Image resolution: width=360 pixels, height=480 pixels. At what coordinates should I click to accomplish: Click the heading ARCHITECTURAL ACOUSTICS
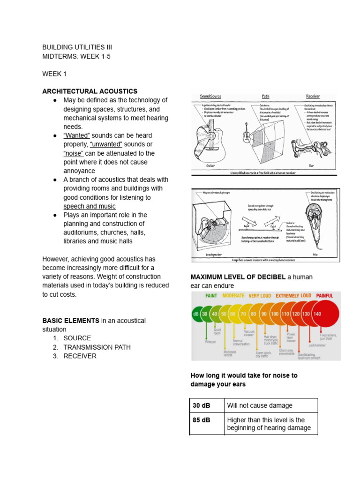point(90,91)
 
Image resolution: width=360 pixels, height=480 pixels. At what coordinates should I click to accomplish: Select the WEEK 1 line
point(55,74)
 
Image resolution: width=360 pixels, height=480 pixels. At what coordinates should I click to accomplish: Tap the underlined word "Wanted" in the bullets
point(76,135)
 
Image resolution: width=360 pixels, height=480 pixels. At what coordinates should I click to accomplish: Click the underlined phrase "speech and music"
point(89,206)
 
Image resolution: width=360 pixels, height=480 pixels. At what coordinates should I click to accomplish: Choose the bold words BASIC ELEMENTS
point(71,321)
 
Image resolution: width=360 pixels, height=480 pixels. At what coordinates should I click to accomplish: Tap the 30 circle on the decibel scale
point(205,314)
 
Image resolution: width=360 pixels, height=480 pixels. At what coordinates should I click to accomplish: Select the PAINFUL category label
point(324,296)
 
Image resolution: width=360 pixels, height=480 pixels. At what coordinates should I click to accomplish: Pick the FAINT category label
point(211,296)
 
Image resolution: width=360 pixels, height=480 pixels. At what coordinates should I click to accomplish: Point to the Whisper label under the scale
point(210,342)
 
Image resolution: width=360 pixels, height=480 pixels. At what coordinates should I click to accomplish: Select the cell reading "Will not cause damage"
point(259,405)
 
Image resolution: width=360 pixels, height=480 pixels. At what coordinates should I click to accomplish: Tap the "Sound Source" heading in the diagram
point(210,96)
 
